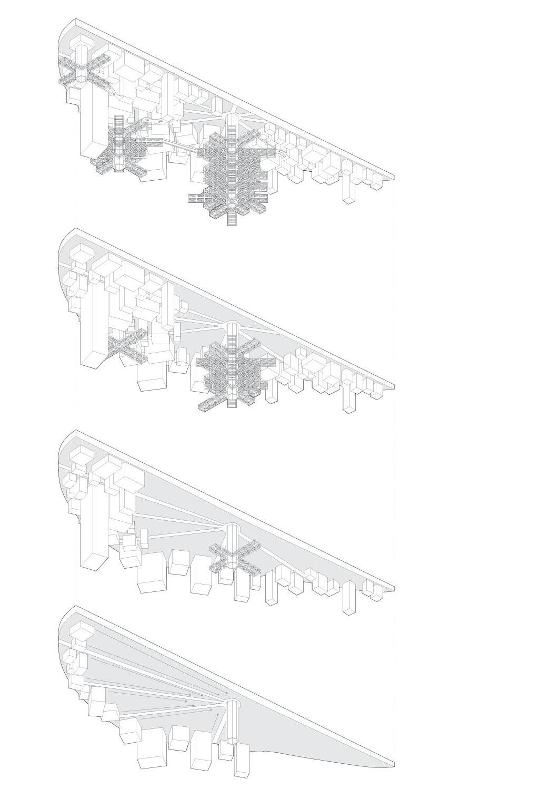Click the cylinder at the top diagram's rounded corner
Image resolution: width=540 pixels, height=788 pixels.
[82, 61]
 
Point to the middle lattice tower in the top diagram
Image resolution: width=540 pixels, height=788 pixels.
[120, 145]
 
